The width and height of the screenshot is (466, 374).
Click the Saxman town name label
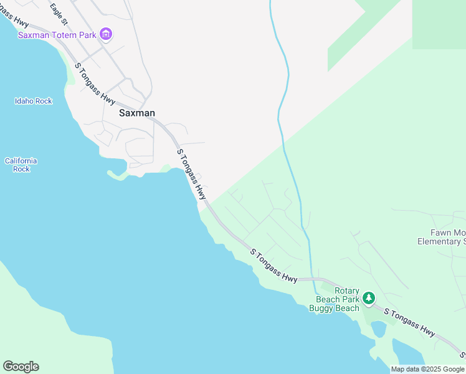(136, 113)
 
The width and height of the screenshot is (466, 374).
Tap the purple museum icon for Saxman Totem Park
(105, 34)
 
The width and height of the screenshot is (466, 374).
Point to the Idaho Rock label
(34, 101)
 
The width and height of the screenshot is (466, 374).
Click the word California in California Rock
(21, 161)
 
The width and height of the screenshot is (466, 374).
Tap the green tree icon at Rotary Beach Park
(369, 299)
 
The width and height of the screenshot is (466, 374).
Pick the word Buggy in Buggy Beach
(321, 308)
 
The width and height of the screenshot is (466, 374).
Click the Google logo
(21, 367)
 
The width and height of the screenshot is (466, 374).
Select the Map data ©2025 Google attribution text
(427, 369)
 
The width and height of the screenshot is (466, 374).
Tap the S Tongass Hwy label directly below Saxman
(191, 174)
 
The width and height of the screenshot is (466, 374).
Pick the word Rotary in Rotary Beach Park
(347, 290)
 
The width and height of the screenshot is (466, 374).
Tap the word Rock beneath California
(21, 169)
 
